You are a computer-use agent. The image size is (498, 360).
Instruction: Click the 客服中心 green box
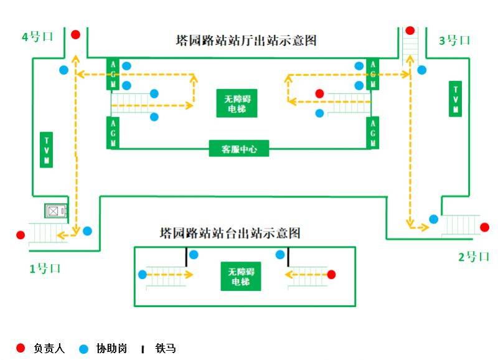239,149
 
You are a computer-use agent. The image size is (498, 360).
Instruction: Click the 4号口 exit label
37,37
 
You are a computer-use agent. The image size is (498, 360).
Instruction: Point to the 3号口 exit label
454,40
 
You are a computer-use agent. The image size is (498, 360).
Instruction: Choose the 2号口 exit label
474,256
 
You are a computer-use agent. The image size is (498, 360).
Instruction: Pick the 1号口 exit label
45,268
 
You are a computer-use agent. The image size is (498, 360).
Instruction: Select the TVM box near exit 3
456,98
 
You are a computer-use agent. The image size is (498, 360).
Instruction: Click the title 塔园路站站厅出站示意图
247,40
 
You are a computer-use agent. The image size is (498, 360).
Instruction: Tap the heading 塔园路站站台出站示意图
230,233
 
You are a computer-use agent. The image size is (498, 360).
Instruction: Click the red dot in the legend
20,348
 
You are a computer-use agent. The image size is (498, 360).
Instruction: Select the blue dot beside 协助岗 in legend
84,348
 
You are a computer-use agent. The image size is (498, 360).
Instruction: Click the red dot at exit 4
75,35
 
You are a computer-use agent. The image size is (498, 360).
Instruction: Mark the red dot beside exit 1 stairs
21,235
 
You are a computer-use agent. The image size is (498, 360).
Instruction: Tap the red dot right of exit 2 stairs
484,227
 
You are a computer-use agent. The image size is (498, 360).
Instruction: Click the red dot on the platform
331,274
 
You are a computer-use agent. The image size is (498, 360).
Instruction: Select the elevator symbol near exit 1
53,211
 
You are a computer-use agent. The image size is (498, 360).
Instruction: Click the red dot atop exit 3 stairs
410,31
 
